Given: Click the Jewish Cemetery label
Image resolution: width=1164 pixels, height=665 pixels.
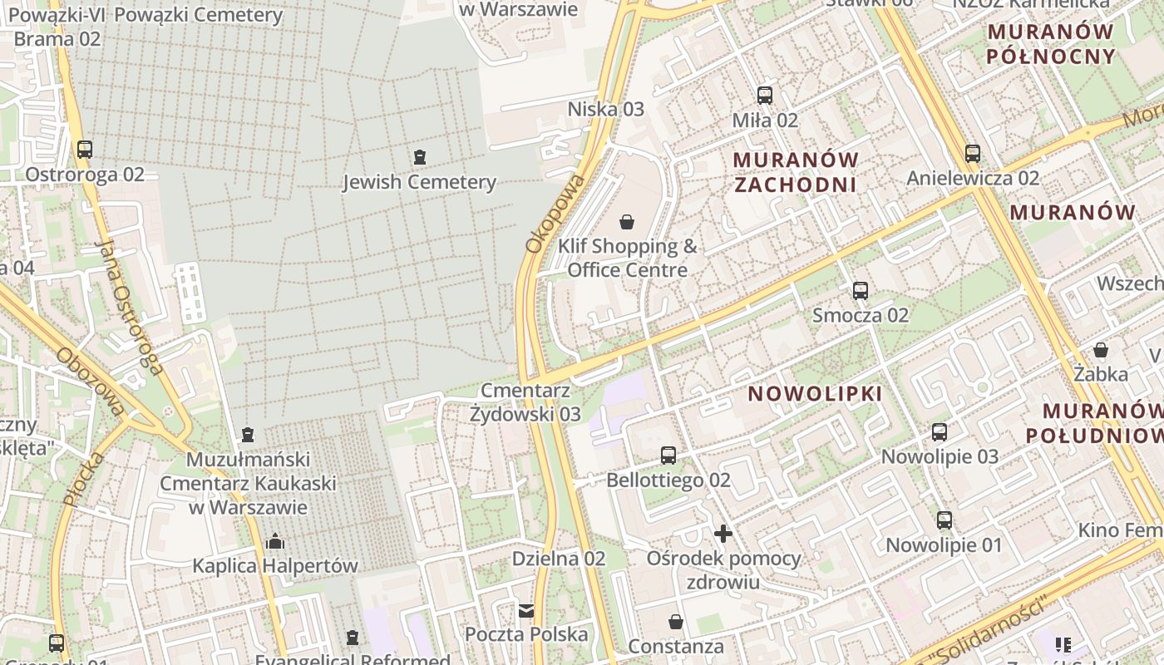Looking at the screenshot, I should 419,182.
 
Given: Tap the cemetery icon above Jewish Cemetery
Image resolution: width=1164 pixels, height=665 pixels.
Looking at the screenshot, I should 420,156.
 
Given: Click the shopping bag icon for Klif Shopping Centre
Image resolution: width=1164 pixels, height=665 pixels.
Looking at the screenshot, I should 627,221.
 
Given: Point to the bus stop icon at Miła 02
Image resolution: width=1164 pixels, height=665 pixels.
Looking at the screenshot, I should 765,96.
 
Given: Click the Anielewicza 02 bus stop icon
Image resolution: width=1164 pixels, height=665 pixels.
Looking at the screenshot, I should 973,153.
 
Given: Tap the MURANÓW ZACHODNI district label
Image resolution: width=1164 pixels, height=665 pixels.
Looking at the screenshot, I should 796,171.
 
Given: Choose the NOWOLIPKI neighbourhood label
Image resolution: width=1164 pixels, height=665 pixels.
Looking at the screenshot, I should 815,393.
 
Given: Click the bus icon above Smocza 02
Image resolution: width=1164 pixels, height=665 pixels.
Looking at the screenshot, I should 861,291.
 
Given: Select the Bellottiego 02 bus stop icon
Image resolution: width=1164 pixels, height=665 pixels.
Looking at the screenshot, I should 668,455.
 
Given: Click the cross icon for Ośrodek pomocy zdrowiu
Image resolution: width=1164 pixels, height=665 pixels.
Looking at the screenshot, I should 723,533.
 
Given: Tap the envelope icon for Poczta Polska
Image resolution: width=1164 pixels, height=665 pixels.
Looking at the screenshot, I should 526,611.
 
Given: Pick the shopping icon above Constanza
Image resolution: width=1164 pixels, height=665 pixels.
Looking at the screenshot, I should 676,622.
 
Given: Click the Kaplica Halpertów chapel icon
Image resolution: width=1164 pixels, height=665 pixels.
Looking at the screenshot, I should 275,542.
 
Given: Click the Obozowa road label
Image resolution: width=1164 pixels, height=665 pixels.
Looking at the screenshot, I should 90,381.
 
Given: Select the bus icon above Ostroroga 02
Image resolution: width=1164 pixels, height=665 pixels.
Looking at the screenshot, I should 85,150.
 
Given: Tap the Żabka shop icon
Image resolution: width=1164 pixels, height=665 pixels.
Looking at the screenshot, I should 1101,349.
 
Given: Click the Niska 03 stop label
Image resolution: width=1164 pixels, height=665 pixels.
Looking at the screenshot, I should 605,109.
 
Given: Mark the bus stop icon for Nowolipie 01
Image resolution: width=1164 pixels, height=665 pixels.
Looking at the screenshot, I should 945,520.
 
